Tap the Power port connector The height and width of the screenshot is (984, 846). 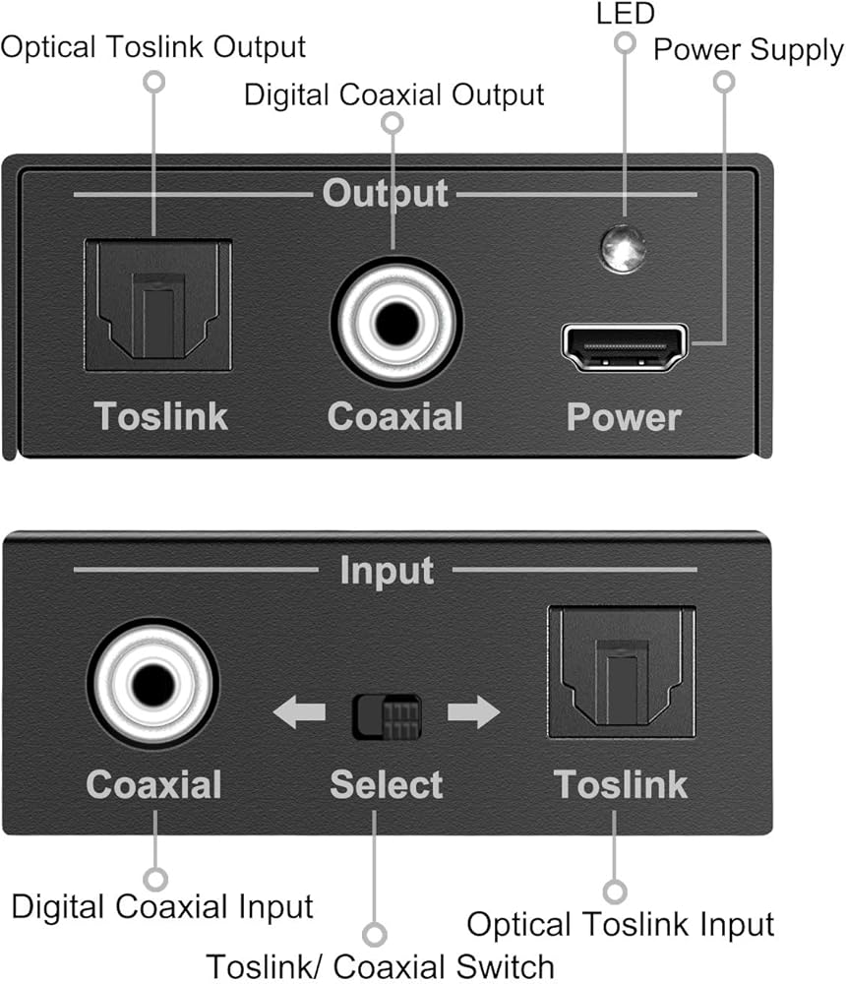pyautogui.click(x=624, y=347)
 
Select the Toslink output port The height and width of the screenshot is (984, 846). pyautogui.click(x=157, y=305)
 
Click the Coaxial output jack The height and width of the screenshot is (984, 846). pyautogui.click(x=394, y=324)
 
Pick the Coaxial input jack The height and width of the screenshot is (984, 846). pyautogui.click(x=152, y=683)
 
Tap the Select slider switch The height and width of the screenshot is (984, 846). pyautogui.click(x=387, y=716)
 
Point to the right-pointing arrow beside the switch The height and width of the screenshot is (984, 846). pyautogui.click(x=473, y=711)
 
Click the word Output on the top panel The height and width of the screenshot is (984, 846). pyautogui.click(x=385, y=193)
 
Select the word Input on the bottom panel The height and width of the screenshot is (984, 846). pyautogui.click(x=386, y=571)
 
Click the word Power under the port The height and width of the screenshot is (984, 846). pyautogui.click(x=623, y=417)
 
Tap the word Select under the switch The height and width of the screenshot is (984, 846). pyautogui.click(x=386, y=784)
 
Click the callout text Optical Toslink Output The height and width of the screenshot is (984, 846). pyautogui.click(x=153, y=46)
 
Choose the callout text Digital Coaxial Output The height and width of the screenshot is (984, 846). pyautogui.click(x=393, y=94)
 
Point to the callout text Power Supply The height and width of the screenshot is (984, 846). pyautogui.click(x=749, y=49)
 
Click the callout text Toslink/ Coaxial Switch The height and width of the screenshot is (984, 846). pyautogui.click(x=380, y=965)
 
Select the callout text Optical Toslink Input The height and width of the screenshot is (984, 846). pyautogui.click(x=620, y=925)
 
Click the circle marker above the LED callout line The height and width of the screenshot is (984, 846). pyautogui.click(x=624, y=42)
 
